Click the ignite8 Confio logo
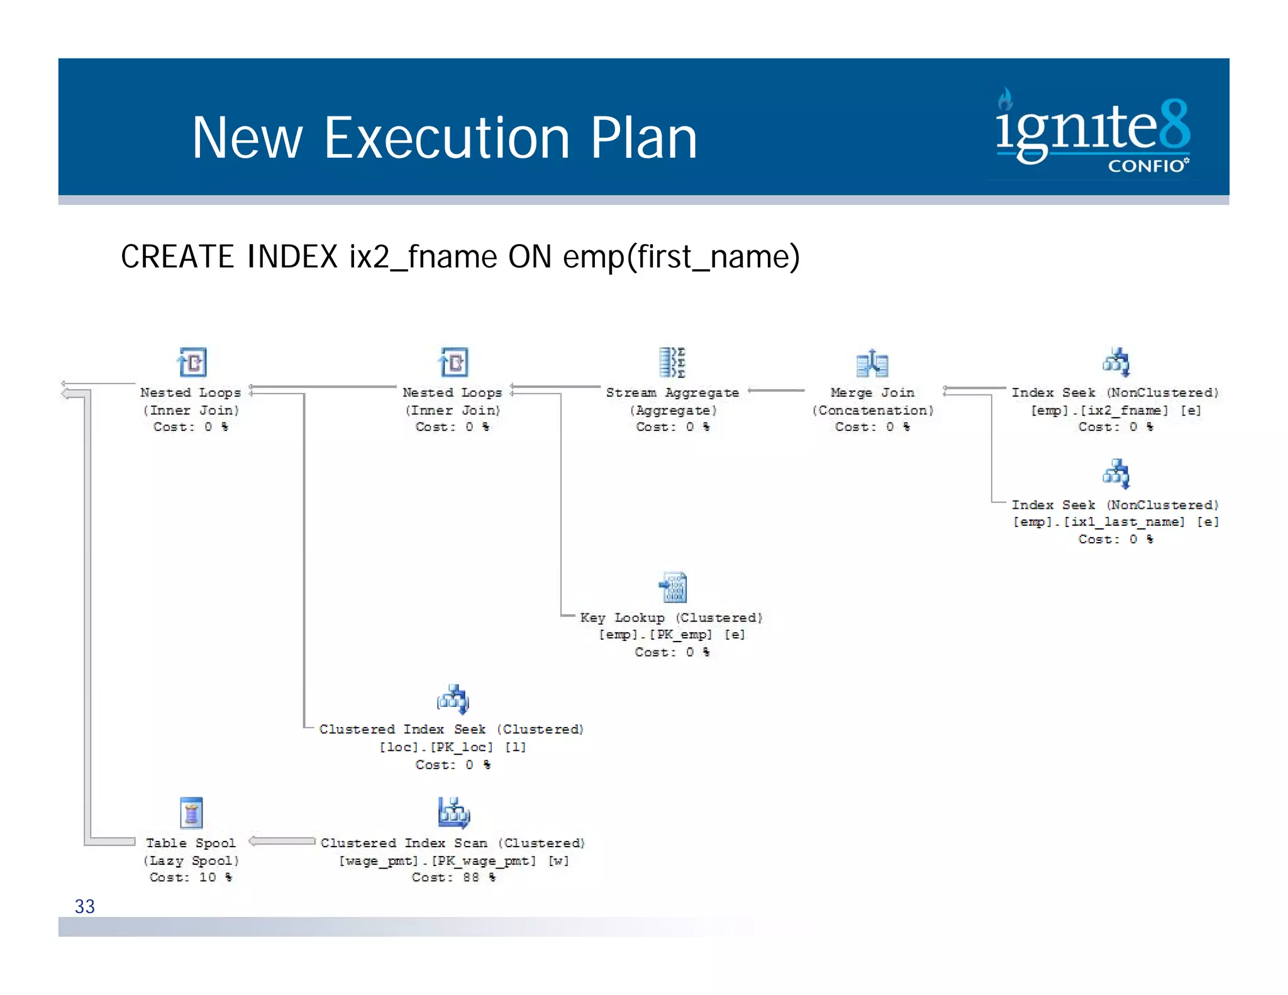[1092, 130]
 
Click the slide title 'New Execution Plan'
[445, 138]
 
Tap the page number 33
[84, 906]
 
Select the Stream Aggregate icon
[672, 362]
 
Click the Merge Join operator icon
[872, 363]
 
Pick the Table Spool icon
[191, 813]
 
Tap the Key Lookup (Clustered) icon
[673, 587]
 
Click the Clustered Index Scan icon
[453, 813]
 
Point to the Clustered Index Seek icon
[453, 699]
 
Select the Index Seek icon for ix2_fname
[1116, 362]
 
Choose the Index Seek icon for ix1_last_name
[1116, 474]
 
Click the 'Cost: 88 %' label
[453, 877]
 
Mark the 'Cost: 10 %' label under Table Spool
[191, 877]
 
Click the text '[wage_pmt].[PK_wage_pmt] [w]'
[453, 860]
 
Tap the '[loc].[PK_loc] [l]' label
[452, 747]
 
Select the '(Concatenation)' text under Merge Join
[872, 410]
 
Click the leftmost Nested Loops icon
[192, 362]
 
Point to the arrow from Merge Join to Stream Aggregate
[776, 391]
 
